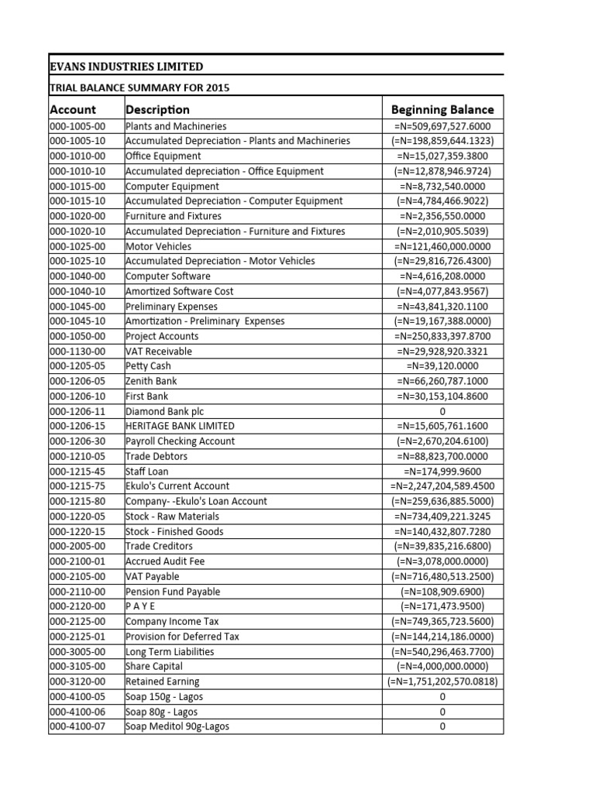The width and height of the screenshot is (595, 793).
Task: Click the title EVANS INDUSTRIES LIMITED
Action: [126, 67]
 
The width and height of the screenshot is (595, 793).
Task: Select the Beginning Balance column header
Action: [442, 109]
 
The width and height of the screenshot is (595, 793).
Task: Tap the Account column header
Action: [74, 109]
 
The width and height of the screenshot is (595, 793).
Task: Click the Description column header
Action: [157, 109]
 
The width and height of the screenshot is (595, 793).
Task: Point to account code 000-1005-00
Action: [77, 126]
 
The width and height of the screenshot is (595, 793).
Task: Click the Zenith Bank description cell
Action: [151, 381]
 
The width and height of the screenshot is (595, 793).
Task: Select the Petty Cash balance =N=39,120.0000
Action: [442, 366]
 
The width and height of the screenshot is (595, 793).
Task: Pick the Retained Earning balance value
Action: [442, 681]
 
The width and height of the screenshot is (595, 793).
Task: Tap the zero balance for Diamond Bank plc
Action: [442, 411]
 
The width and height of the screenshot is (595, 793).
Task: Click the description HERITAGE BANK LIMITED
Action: [180, 426]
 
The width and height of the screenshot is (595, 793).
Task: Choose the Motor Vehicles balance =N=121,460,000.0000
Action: [442, 246]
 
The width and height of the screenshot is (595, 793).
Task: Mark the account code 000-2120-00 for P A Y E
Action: [77, 606]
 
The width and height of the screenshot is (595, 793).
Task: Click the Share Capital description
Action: [154, 666]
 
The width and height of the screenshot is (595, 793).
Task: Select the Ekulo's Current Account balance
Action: [442, 486]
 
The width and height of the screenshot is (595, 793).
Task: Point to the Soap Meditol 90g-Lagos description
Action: [177, 726]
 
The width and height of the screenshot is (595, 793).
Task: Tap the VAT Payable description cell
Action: [152, 576]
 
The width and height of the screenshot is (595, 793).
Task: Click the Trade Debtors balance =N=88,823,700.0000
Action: [442, 456]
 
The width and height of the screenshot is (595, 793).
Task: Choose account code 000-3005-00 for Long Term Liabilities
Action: [77, 651]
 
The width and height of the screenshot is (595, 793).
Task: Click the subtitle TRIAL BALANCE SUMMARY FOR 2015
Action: [139, 88]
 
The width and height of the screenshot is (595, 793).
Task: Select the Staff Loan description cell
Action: [146, 471]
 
